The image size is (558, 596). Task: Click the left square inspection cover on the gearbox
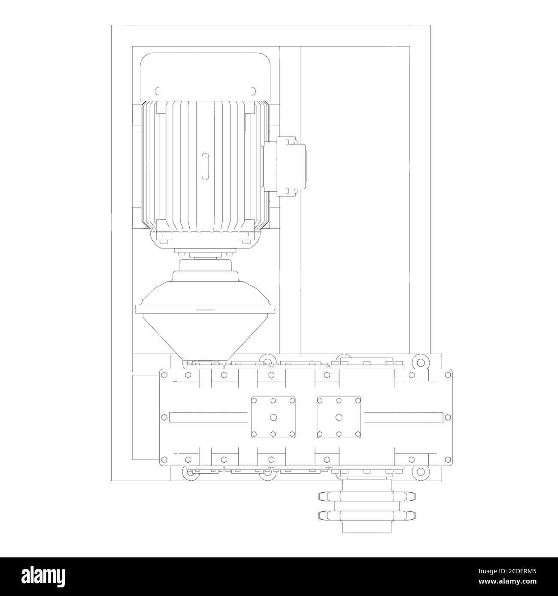pyautogui.click(x=273, y=417)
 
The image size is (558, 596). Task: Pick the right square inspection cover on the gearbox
pyautogui.click(x=339, y=417)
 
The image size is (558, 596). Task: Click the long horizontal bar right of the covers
pyautogui.click(x=403, y=417)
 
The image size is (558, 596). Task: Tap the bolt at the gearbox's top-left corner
pyautogui.click(x=164, y=374)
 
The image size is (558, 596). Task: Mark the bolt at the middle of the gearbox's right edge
pyautogui.click(x=448, y=417)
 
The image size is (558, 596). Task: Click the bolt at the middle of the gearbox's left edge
pyautogui.click(x=164, y=417)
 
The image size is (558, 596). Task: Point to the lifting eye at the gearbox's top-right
pyautogui.click(x=420, y=361)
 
